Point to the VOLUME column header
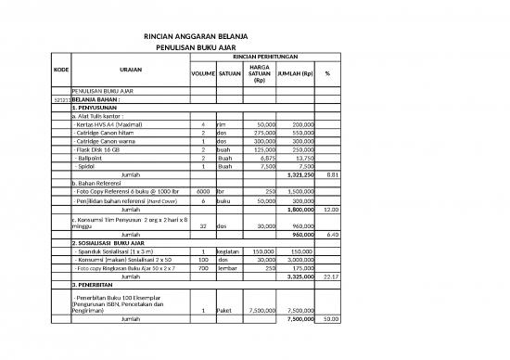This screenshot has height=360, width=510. pos(202,73)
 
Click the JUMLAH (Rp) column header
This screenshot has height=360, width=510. pos(296,73)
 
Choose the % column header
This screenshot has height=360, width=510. pos(327,73)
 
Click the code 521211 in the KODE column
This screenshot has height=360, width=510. pos(62,99)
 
